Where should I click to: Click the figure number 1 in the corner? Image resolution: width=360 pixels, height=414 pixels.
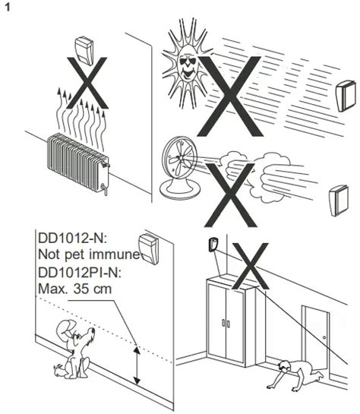pyautogui.click(x=8, y=8)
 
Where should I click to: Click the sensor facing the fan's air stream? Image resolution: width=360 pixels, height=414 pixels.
pyautogui.click(x=338, y=201)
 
